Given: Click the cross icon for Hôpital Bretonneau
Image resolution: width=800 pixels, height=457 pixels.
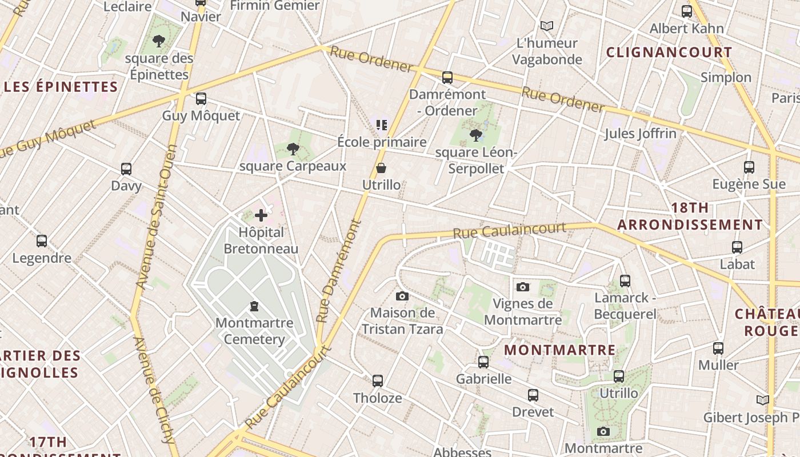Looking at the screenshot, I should point(261,215).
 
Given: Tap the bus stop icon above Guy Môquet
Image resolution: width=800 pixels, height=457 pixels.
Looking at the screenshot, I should point(201,99).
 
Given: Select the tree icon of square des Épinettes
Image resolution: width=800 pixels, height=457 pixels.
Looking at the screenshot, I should point(159,41).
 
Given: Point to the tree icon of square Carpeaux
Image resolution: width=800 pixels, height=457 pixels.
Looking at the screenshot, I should point(293,149).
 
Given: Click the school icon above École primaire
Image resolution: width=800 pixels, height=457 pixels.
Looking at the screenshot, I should point(382,125).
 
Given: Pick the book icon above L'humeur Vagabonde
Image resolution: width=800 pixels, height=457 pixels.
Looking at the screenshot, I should point(547,26).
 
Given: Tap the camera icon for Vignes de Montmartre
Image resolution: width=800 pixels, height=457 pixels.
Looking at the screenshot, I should point(522,287).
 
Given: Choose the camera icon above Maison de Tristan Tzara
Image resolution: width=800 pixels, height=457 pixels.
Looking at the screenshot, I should point(402,296).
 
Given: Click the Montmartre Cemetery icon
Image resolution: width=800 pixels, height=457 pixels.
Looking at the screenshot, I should point(254,306).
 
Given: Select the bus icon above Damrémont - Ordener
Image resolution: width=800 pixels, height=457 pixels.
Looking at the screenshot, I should point(447,77).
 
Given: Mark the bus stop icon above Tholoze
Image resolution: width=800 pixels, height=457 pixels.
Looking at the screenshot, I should point(377,380).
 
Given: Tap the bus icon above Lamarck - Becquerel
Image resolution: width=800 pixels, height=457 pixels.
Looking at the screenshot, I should point(625,280).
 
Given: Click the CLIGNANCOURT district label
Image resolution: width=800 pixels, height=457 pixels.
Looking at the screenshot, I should point(669,53).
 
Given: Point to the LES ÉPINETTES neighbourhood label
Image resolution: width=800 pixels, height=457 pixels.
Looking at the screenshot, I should point(61,87).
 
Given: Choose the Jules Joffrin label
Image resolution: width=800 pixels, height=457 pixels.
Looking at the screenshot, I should point(641,134).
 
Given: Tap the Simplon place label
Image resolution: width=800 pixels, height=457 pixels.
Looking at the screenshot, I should point(726,77).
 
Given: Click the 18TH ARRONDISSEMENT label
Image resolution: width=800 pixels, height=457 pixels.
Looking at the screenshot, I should point(690,216).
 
